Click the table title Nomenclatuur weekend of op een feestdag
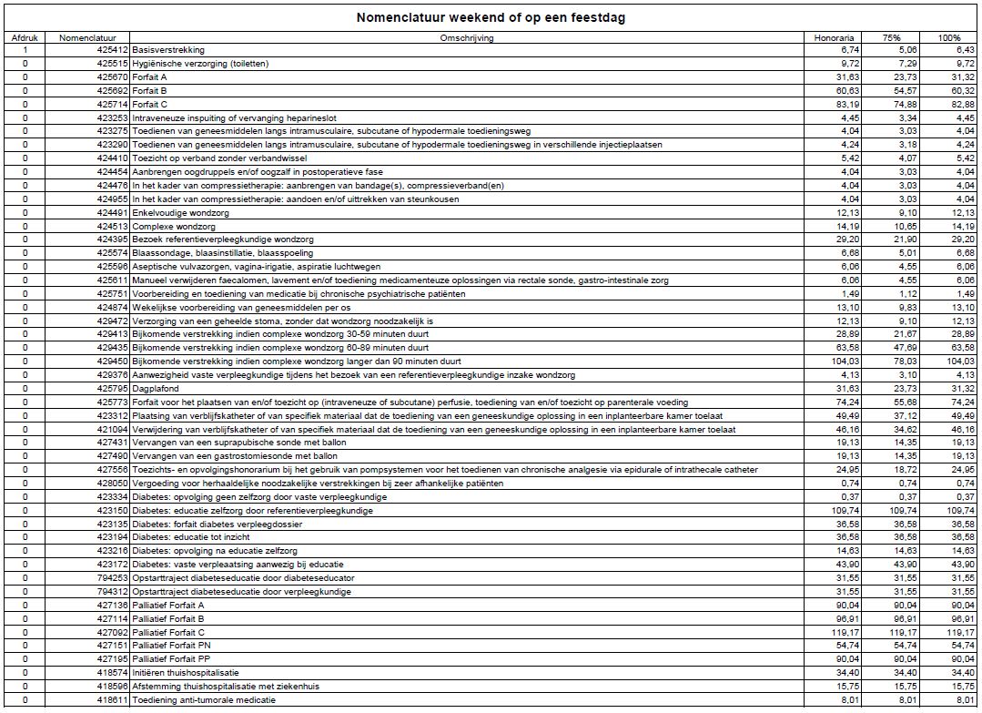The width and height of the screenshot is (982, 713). pyautogui.click(x=491, y=17)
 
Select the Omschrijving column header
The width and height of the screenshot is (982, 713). pyautogui.click(x=467, y=37)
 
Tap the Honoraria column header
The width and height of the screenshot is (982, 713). pyautogui.click(x=834, y=37)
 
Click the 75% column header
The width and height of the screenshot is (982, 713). pyautogui.click(x=892, y=37)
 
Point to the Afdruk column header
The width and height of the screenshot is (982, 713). pyautogui.click(x=25, y=37)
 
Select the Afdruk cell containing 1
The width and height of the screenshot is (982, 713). pyautogui.click(x=25, y=50)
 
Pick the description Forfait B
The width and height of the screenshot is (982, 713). pyautogui.click(x=150, y=91)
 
